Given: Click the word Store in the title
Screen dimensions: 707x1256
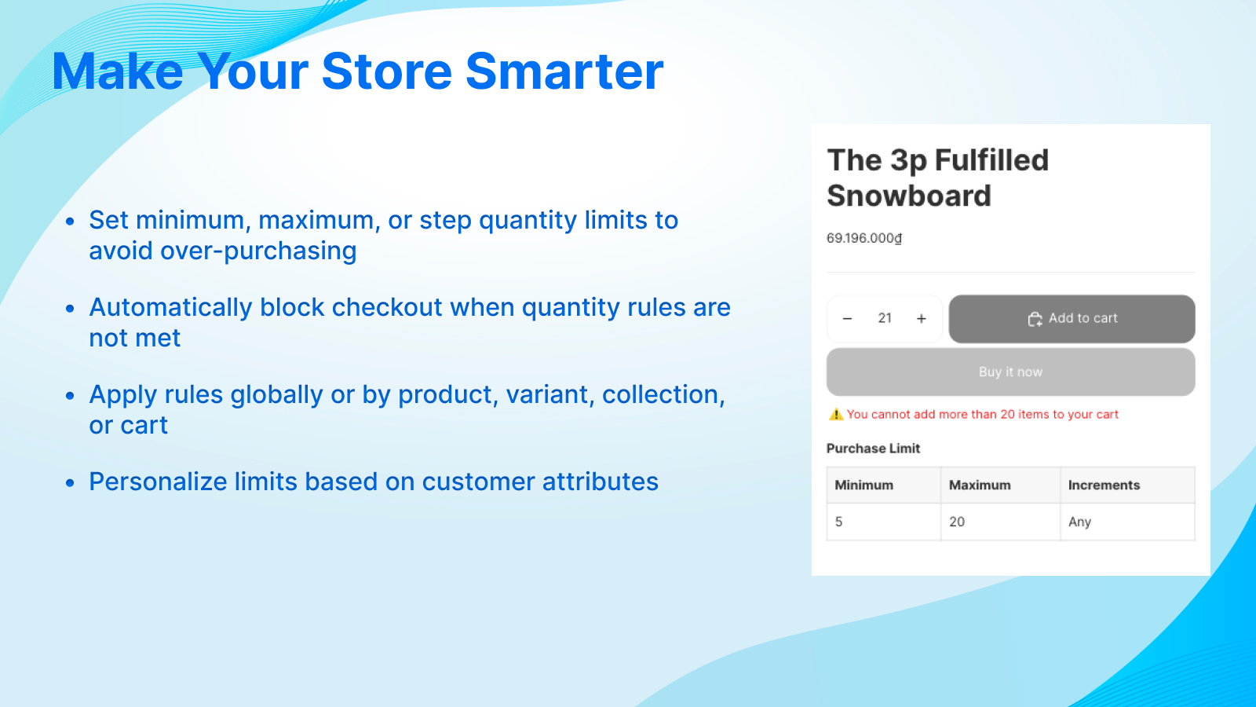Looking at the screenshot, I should click(386, 71).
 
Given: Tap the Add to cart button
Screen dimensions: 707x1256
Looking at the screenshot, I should click(1072, 318).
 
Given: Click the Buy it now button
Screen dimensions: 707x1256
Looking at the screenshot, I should click(1010, 372).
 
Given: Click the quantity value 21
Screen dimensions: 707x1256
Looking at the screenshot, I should click(885, 318).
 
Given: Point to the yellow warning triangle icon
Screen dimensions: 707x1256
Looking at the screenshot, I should click(836, 415).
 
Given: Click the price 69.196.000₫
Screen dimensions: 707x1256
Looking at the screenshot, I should click(864, 238).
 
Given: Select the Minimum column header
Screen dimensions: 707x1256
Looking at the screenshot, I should click(863, 485).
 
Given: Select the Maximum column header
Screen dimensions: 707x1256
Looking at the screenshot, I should click(980, 485).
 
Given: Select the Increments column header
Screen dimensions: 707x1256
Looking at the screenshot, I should click(1104, 485).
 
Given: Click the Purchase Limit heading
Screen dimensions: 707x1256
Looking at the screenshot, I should click(873, 449).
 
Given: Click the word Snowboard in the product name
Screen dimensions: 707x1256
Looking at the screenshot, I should click(909, 196).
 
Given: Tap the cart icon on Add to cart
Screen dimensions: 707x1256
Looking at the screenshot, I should click(1035, 319).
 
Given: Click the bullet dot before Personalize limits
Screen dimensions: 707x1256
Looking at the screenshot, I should click(71, 482).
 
